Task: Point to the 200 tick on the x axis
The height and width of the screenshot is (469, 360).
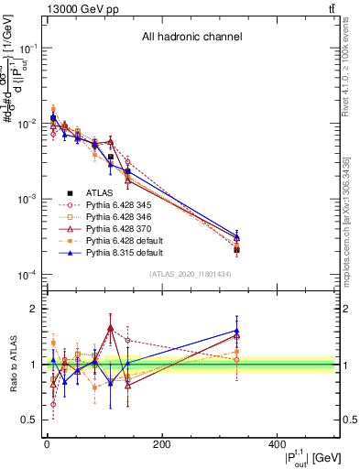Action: (162, 444)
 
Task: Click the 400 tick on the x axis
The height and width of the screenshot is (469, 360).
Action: (277, 444)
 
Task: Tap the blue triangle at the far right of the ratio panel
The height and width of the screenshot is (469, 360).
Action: (236, 331)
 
